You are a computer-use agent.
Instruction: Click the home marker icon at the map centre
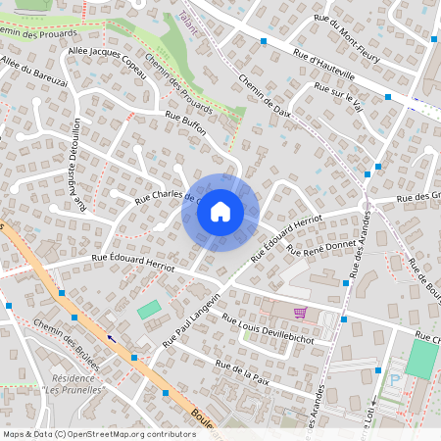220,212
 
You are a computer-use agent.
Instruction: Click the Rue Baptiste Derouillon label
78,165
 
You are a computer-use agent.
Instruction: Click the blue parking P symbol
395,378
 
